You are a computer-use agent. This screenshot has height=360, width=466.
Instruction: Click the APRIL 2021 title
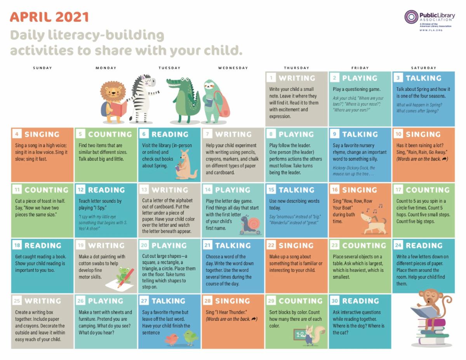point(49,17)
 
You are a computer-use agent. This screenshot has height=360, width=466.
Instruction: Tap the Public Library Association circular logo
point(411,17)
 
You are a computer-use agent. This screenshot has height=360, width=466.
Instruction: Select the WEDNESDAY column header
point(233,68)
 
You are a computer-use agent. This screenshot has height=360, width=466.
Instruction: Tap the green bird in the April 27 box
point(190,338)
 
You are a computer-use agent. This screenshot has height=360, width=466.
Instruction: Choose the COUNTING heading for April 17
point(427,190)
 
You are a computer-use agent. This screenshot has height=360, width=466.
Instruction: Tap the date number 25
point(17,301)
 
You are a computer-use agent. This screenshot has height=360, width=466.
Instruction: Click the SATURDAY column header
point(424,68)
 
